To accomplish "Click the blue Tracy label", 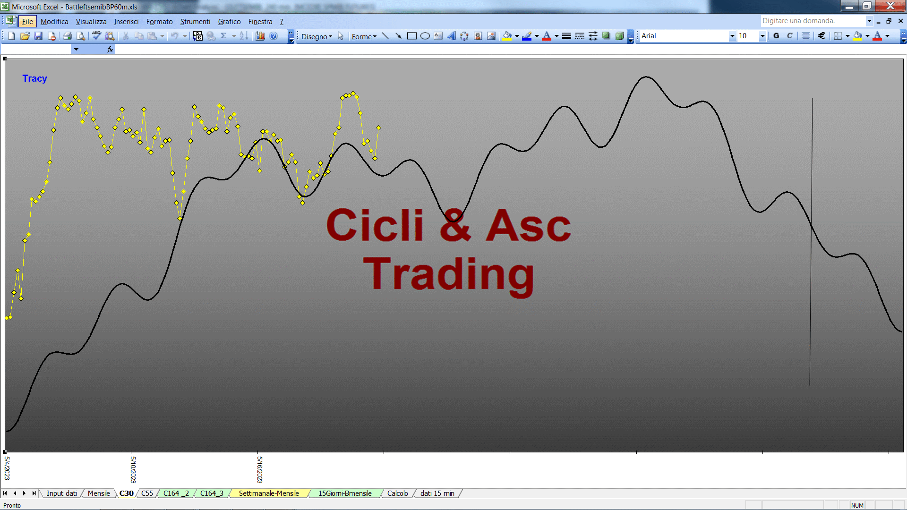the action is (34, 78).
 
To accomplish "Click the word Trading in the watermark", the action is (449, 275).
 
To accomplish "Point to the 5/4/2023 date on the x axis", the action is (7, 468).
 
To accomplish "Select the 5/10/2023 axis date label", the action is (133, 469).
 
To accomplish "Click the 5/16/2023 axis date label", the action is (259, 469).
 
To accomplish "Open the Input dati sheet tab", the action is (61, 493).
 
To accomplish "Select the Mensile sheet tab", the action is (99, 493).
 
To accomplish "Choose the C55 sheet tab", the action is (147, 493).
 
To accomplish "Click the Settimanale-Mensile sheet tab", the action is (269, 493).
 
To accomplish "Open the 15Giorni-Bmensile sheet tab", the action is (345, 493).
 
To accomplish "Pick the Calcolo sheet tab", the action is (398, 493).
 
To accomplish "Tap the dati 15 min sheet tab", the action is (437, 493).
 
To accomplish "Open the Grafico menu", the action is (229, 22).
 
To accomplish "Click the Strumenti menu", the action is (195, 22).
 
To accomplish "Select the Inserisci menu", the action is (126, 22).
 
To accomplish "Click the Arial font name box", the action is (685, 36).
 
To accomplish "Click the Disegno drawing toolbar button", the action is (317, 36).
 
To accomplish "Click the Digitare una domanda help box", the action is (813, 21).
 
